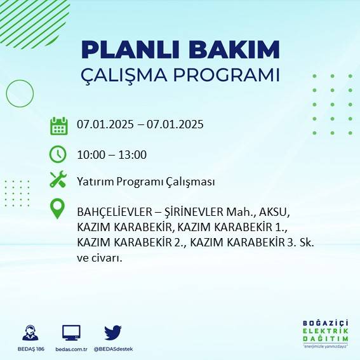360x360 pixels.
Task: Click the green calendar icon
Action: tap(58, 125)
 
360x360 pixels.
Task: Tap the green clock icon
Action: tap(58, 154)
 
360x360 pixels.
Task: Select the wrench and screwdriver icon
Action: tap(58, 180)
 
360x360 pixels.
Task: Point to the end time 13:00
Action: tap(133, 154)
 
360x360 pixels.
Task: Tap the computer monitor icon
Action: tap(71, 332)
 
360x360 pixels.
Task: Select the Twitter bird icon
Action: tap(113, 332)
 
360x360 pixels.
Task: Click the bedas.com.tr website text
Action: tap(71, 349)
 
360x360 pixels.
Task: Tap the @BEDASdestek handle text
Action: tap(113, 349)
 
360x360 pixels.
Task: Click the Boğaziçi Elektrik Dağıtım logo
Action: tap(326, 333)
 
